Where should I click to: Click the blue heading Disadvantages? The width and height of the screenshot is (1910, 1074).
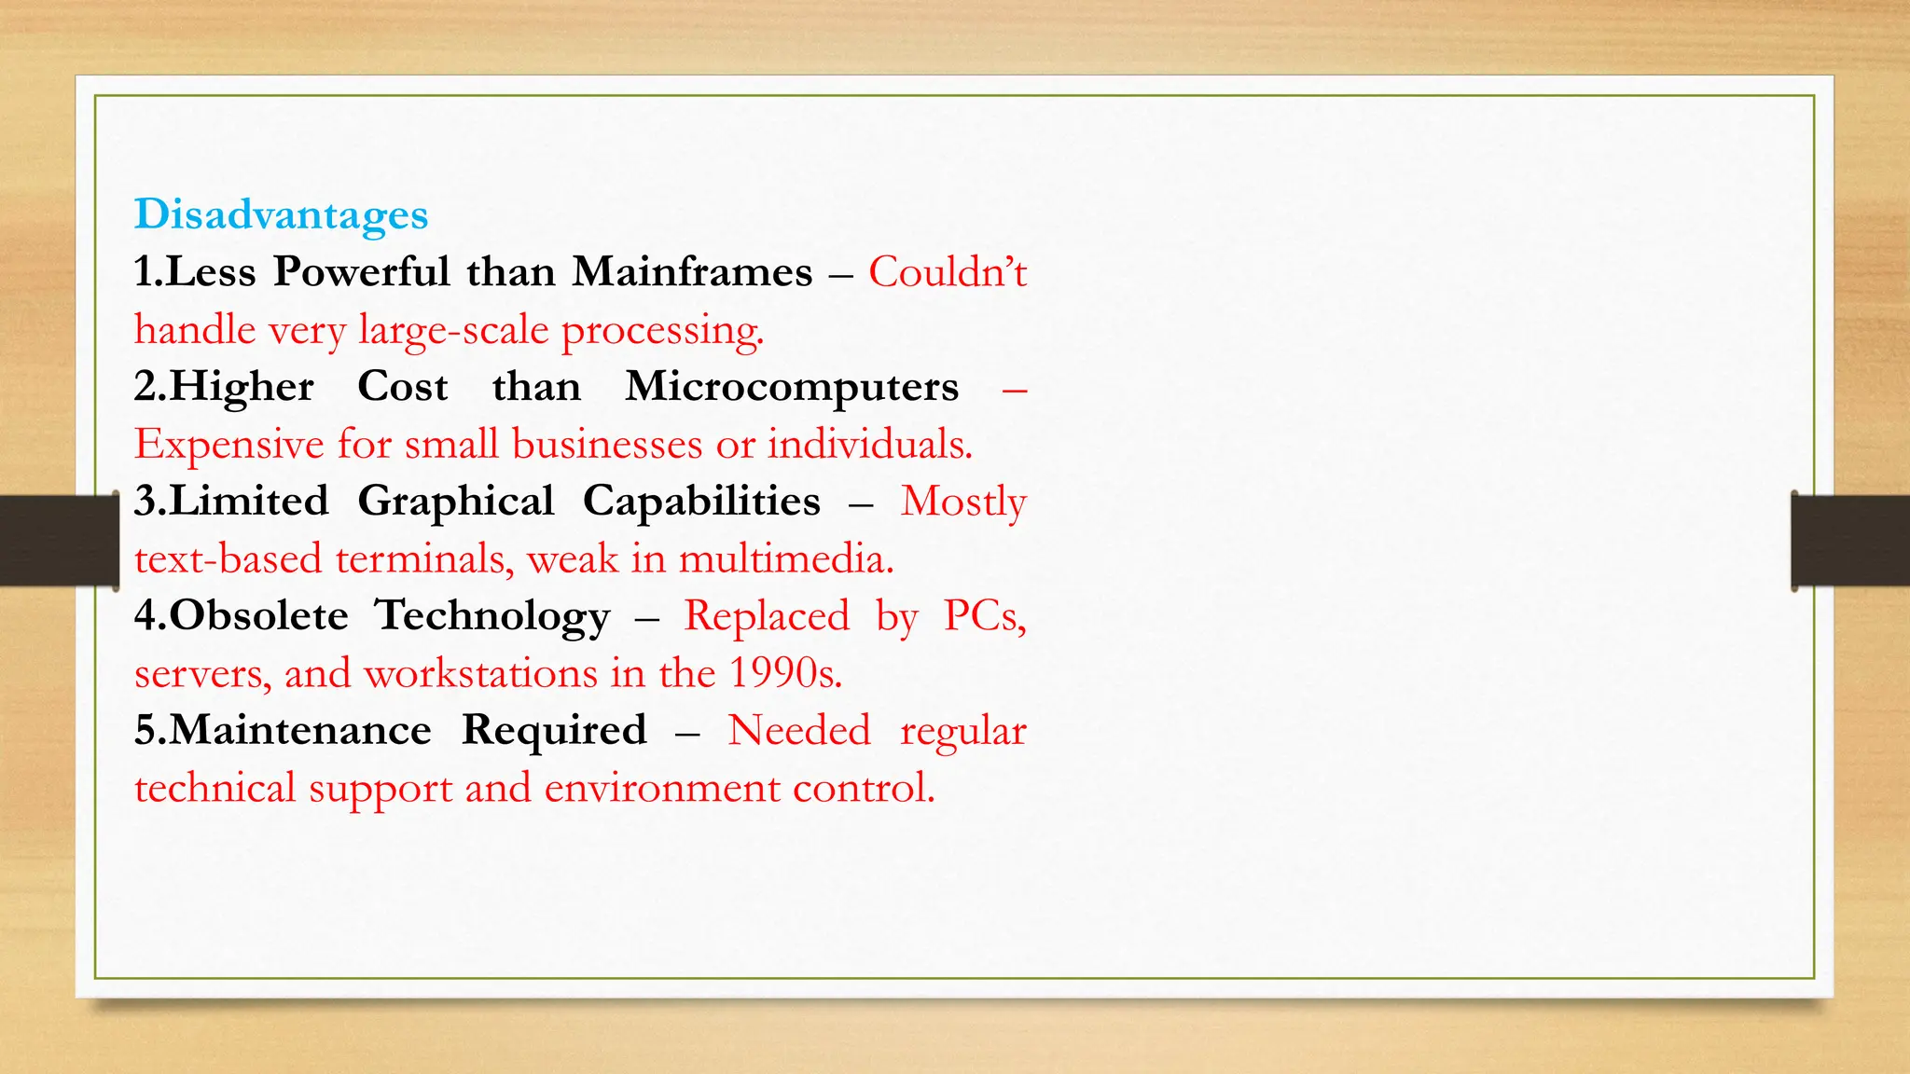281,214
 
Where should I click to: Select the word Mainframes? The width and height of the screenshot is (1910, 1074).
692,272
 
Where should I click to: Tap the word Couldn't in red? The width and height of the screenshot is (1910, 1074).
947,272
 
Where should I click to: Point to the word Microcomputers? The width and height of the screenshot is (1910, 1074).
791,387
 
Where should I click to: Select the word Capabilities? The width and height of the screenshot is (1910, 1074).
701,502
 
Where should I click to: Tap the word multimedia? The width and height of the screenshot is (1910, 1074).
785,559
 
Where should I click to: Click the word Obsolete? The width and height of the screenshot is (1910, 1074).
258,616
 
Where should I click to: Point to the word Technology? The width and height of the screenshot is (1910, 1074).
491,617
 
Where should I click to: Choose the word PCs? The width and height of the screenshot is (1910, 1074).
984,616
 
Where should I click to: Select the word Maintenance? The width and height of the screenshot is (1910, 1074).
299,730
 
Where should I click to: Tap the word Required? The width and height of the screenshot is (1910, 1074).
554,731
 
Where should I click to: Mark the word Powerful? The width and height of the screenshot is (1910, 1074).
362,272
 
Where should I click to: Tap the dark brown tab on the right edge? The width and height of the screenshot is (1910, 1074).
1851,541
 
